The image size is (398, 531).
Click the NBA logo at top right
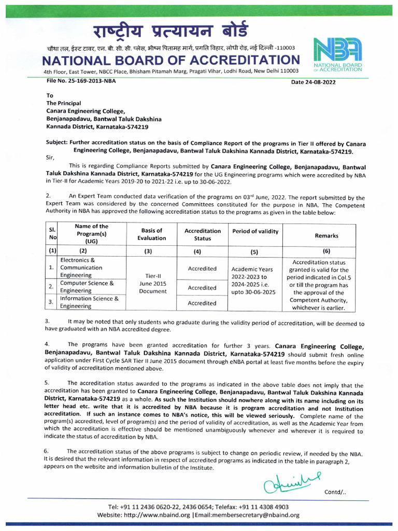coord(337,54)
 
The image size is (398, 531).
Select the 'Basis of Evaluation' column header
coord(152,234)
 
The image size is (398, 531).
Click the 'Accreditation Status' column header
coord(202,234)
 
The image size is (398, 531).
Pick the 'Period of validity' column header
coord(255,231)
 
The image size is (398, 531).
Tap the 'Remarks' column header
coord(326,235)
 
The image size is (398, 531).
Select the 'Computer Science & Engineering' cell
coord(87,287)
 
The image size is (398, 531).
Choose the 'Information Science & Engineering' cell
coord(89,302)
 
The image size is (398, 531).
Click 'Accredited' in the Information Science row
coord(202,303)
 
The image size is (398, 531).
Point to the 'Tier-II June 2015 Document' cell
coord(152,284)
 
